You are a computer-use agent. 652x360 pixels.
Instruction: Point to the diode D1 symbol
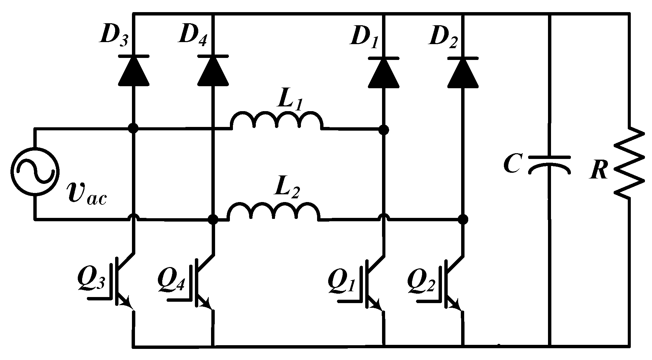pyautogui.click(x=384, y=72)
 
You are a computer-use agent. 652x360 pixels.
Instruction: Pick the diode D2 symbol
pyautogui.click(x=463, y=72)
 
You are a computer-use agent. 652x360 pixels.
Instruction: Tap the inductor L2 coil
pyautogui.click(x=273, y=211)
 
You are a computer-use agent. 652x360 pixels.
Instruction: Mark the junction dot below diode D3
pyautogui.click(x=134, y=128)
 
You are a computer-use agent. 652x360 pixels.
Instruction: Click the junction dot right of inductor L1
pyautogui.click(x=384, y=129)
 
